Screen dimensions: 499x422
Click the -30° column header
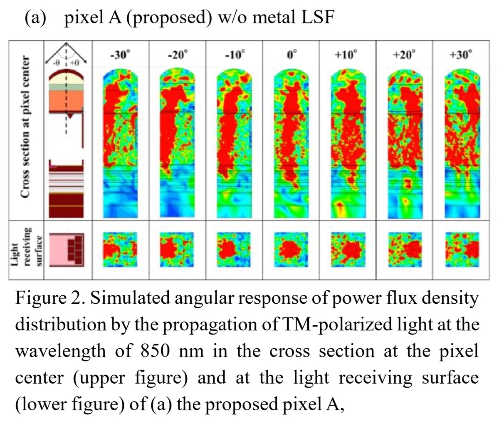point(120,55)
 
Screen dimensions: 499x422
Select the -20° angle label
point(178,55)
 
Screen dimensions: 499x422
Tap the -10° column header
point(235,55)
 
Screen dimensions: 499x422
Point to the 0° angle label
point(291,55)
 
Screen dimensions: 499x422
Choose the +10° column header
point(346,55)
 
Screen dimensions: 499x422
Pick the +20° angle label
point(404,55)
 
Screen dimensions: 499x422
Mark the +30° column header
point(460,55)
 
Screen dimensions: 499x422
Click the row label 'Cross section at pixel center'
point(25,127)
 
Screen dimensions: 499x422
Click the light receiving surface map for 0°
point(291,249)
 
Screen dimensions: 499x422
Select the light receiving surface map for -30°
point(120,249)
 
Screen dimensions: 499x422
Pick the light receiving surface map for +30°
point(462,249)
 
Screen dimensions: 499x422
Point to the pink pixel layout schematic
point(67,250)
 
